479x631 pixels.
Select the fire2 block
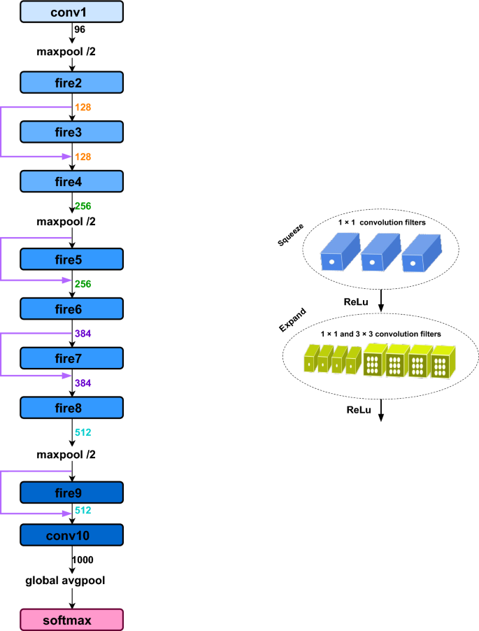tap(72, 83)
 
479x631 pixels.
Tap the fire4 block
tap(72, 181)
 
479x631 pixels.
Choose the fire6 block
tap(72, 308)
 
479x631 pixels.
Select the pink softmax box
tap(72, 619)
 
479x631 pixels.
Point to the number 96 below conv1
tap(80, 30)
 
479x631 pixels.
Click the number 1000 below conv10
tap(84, 560)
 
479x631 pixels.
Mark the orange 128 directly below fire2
tap(83, 107)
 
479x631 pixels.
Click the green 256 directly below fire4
tap(83, 206)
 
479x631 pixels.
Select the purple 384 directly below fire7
tap(83, 383)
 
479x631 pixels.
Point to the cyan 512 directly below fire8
tap(83, 432)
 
